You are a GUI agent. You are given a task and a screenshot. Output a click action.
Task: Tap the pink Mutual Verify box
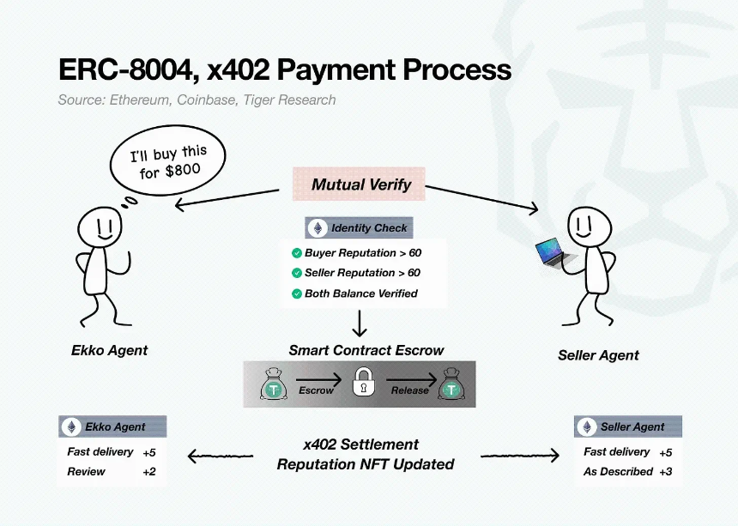[x=361, y=184]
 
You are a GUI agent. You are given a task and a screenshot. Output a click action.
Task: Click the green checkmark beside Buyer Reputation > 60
[x=296, y=253]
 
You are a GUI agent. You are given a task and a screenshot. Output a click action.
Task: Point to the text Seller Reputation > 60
[x=362, y=273]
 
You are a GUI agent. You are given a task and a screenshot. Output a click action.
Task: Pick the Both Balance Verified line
[x=360, y=293]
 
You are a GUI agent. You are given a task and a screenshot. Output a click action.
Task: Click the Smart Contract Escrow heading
[x=366, y=350]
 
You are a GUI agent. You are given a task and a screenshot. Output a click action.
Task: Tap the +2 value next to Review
[x=148, y=471]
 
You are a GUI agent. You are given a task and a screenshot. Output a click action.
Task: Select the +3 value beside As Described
[x=666, y=471]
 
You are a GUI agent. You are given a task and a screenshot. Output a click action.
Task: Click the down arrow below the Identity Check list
[x=360, y=323]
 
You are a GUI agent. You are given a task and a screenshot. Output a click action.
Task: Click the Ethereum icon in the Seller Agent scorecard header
[x=587, y=426]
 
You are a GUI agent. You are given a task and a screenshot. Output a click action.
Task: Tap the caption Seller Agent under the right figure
[x=598, y=355]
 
